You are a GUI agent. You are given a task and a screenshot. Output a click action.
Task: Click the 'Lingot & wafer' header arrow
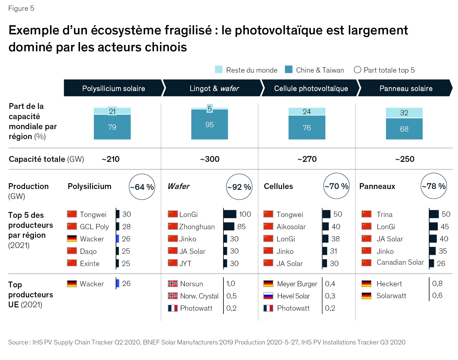point(213,88)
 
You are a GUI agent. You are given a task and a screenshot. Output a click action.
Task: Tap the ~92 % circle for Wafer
point(239,187)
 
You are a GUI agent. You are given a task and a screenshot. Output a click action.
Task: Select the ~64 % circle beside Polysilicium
point(142,187)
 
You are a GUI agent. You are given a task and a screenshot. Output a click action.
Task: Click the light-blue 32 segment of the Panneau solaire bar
point(404,113)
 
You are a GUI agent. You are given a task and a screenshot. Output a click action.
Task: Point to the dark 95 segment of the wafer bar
point(209,125)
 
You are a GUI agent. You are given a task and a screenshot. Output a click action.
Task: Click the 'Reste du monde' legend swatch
point(218,70)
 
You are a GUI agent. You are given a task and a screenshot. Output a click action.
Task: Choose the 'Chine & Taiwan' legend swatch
point(289,70)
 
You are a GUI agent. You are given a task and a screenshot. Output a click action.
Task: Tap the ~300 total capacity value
point(210,159)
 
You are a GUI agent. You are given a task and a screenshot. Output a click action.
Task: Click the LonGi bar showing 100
point(230,214)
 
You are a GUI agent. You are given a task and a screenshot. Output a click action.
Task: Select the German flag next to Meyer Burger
point(268,284)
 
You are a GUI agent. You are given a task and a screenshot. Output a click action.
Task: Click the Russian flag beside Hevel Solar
point(268,296)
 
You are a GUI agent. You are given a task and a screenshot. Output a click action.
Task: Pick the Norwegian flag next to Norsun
point(173,284)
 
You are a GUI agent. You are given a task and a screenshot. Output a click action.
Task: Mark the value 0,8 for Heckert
point(437,284)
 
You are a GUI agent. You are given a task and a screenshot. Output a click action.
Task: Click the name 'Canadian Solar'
point(400,262)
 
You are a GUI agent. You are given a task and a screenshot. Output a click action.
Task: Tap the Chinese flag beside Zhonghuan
point(173,226)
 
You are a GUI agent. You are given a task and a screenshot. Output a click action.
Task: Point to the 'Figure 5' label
point(21,9)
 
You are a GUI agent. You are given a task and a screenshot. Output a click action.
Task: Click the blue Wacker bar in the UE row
point(118,283)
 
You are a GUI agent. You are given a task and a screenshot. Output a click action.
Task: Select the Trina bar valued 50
point(434,214)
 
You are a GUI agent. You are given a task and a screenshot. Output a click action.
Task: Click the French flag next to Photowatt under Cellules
point(268,308)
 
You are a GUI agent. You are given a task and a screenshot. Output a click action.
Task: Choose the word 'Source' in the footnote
point(18,342)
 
